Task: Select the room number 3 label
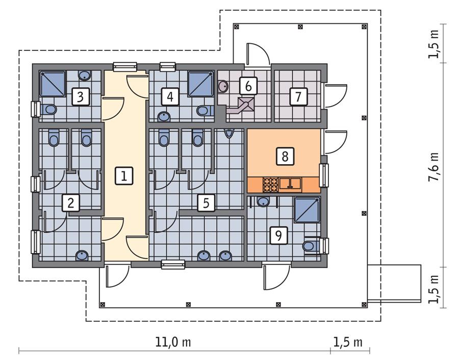pyautogui.click(x=80, y=96)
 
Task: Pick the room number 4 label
pyautogui.click(x=170, y=96)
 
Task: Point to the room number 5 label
pyautogui.click(x=206, y=203)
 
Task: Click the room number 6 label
pyautogui.click(x=248, y=86)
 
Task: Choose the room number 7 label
pyautogui.click(x=298, y=96)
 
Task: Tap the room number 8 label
pyautogui.click(x=285, y=156)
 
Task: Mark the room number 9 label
pyautogui.click(x=278, y=235)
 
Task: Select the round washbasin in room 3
pyautogui.click(x=85, y=75)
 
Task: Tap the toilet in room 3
pyautogui.click(x=50, y=109)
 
